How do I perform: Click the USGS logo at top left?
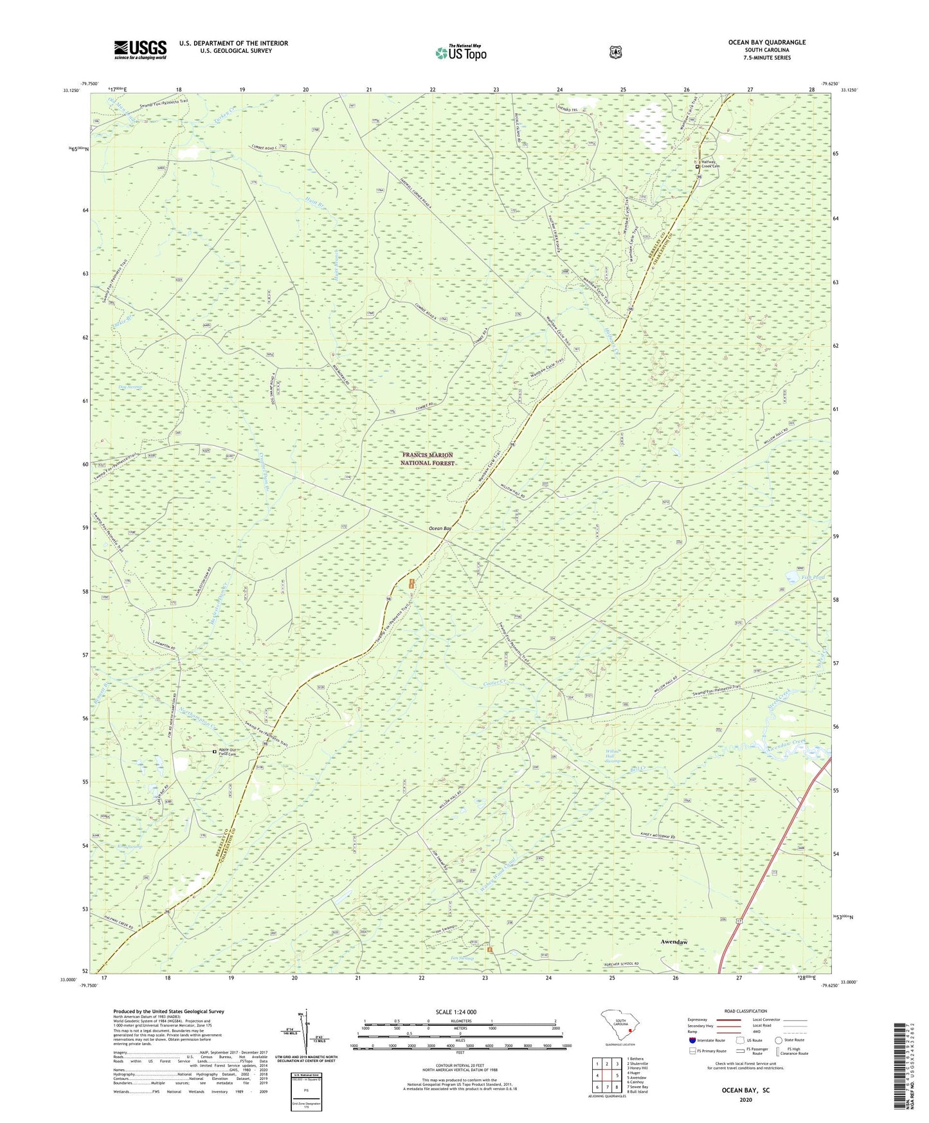140,50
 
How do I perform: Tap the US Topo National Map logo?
460,52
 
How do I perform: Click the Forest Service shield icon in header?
615,51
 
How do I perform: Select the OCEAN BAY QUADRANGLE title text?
766,42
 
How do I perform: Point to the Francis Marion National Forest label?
427,459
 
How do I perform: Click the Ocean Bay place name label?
440,528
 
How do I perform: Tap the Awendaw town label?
674,942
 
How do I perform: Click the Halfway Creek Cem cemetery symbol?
698,166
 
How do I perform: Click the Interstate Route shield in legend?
692,1039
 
